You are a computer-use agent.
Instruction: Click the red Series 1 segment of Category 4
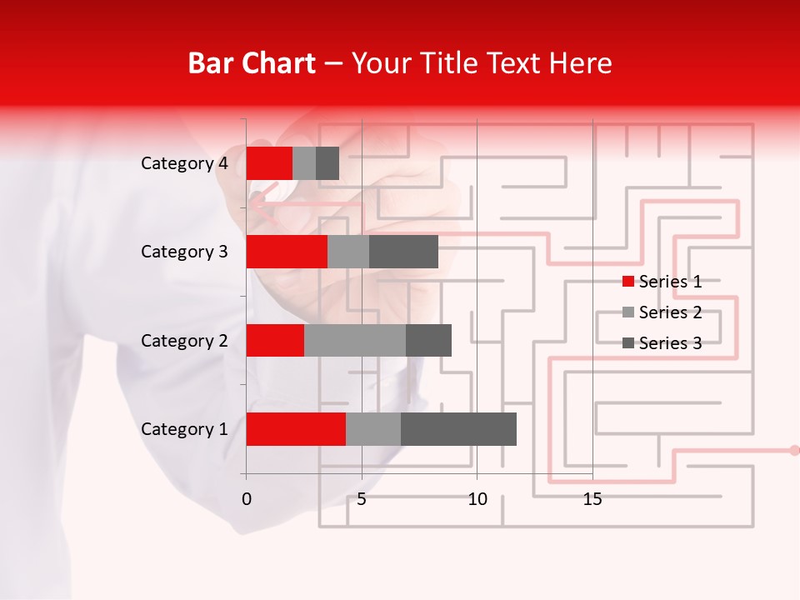click(x=269, y=163)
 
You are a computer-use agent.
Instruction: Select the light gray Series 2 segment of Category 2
click(x=355, y=340)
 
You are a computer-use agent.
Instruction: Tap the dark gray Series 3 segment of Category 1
click(x=458, y=429)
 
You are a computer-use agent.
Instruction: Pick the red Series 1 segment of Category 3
click(x=287, y=252)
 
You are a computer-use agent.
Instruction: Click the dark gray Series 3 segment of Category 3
click(x=403, y=252)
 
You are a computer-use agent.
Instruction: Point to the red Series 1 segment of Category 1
click(x=296, y=429)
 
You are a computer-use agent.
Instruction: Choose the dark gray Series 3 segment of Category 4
click(x=327, y=163)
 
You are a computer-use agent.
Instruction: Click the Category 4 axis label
click(x=184, y=163)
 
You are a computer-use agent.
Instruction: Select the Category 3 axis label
click(x=184, y=252)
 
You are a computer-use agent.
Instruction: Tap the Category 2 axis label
click(x=184, y=341)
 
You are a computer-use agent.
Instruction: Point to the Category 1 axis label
click(x=184, y=429)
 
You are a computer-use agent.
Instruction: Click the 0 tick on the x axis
click(x=247, y=500)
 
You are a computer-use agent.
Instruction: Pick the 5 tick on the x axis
click(x=362, y=500)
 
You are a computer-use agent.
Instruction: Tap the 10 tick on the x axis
click(x=477, y=500)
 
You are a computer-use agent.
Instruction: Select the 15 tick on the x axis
click(x=592, y=500)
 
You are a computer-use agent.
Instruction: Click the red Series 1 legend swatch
click(x=628, y=282)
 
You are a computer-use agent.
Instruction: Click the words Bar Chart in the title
click(x=252, y=63)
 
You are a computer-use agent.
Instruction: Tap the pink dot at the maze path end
click(x=794, y=450)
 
